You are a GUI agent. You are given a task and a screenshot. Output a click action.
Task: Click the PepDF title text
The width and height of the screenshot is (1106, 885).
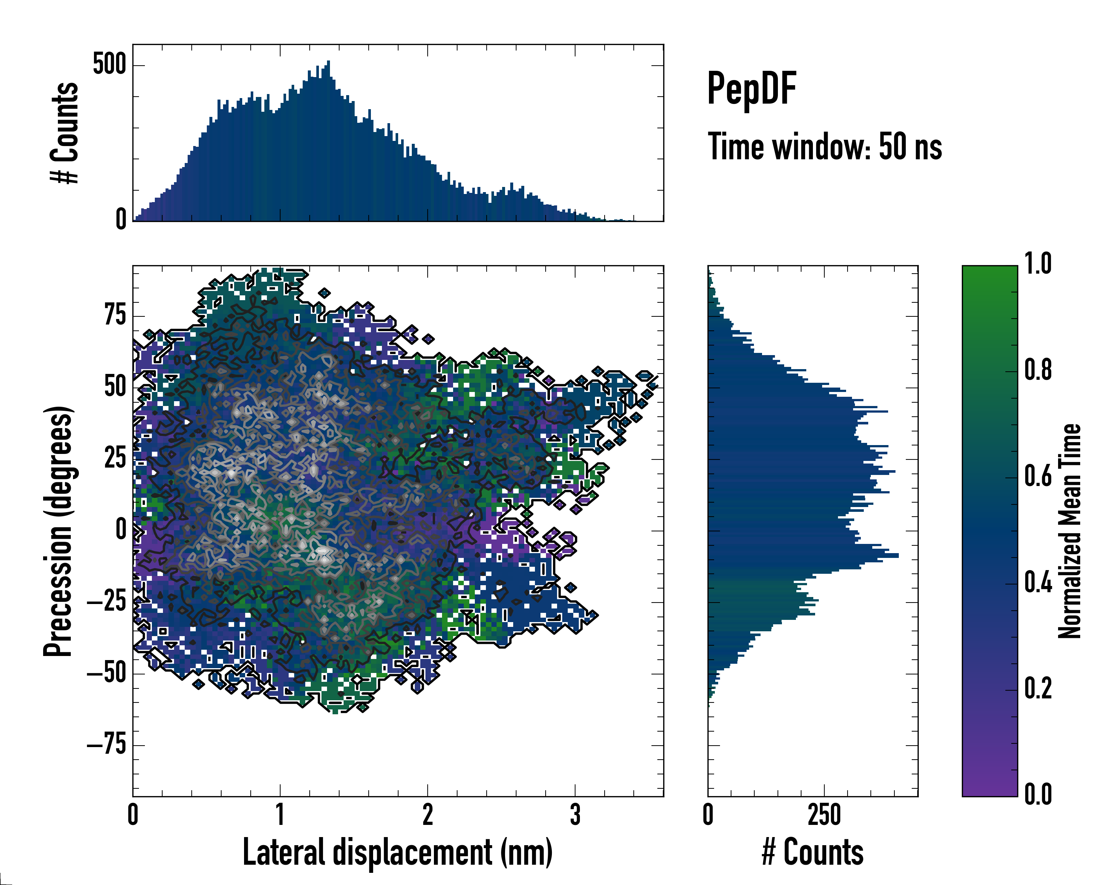coord(751,89)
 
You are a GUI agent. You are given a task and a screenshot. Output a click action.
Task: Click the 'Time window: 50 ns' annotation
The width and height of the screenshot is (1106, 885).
coord(824,147)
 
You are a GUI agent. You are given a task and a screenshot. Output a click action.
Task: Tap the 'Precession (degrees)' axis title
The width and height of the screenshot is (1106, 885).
coord(58,531)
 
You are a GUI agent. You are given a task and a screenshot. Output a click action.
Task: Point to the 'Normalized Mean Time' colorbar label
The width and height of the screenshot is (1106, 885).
coord(1070,531)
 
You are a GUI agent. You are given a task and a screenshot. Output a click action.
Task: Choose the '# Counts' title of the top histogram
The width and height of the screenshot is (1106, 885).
coord(65,133)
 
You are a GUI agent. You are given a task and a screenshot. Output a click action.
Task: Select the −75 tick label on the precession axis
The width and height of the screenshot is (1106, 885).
coord(106,745)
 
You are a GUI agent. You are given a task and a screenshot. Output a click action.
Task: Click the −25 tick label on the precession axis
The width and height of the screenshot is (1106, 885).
coord(106,601)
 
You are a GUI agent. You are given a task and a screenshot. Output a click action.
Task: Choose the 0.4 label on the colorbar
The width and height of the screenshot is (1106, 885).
coord(1038,583)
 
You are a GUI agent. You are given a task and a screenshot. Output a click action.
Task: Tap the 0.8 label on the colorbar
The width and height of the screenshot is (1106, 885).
coord(1038,371)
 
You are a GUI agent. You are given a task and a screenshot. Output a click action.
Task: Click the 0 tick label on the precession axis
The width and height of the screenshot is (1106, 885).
coord(121,530)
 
